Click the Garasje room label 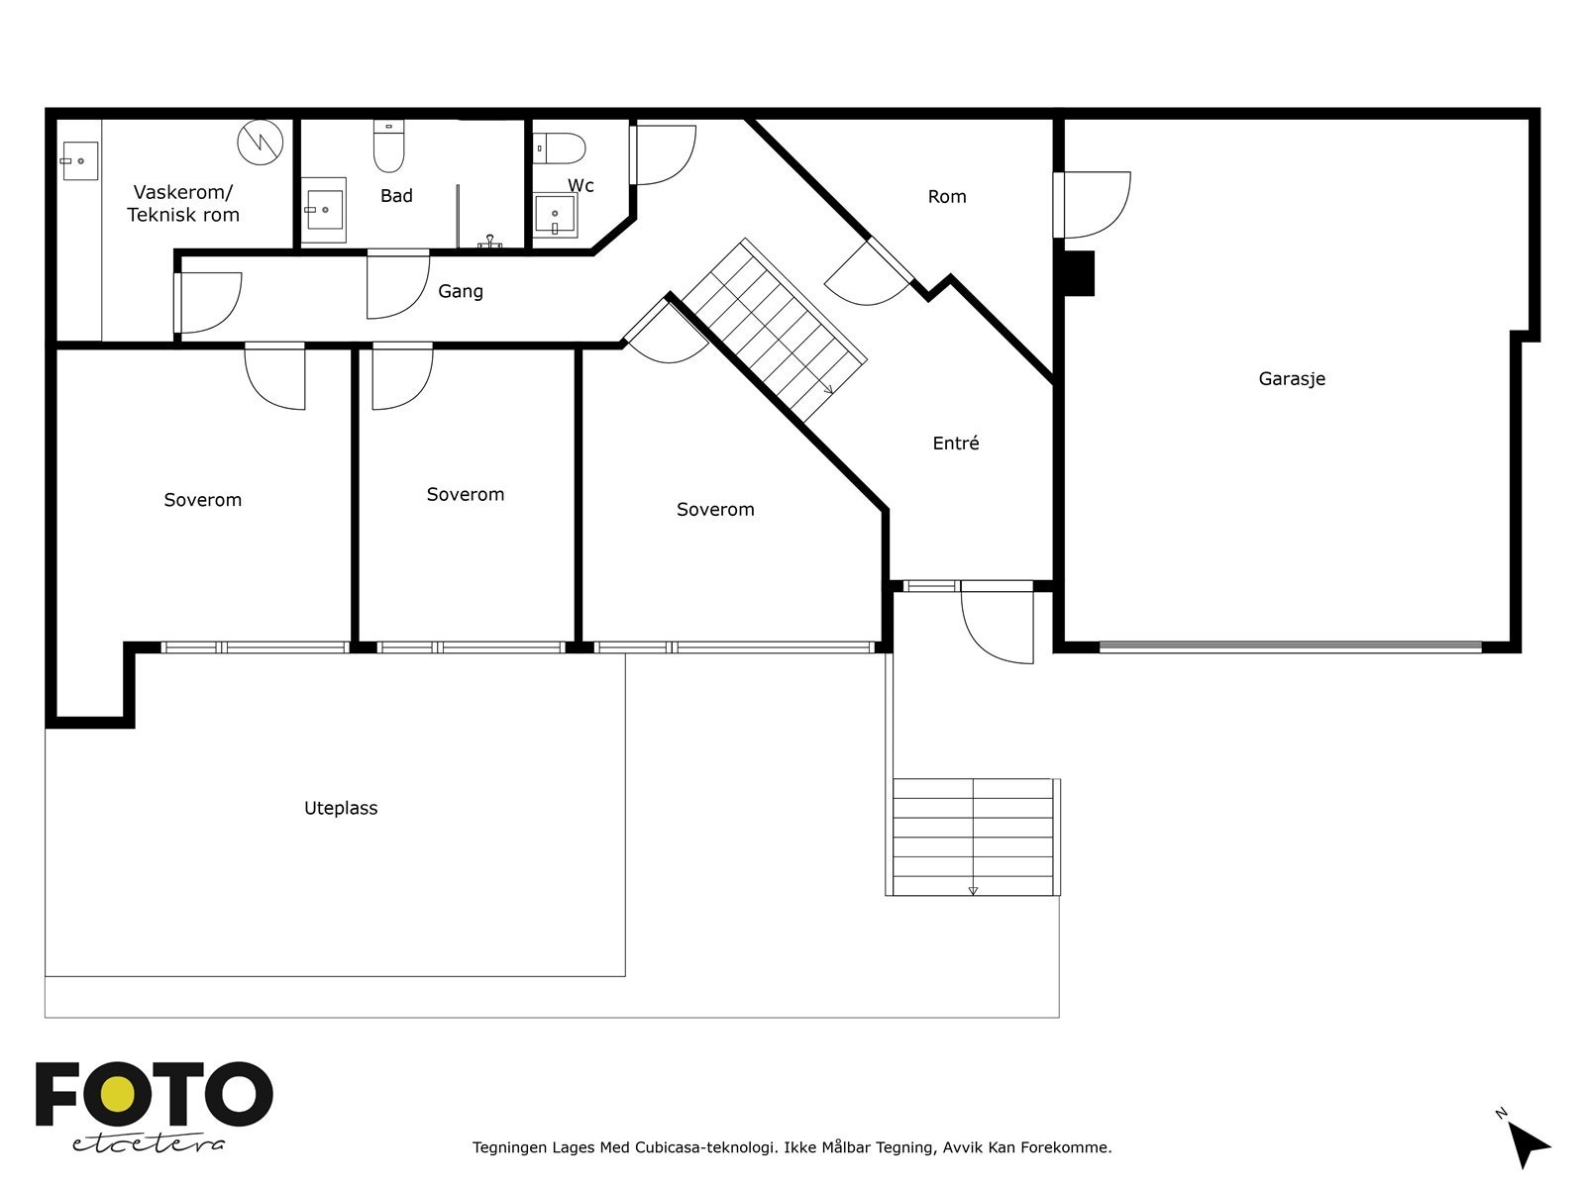point(1291,379)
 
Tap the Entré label point(955,443)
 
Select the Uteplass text point(341,808)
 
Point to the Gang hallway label point(460,291)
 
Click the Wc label point(581,185)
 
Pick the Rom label point(947,196)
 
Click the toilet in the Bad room point(388,146)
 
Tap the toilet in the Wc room point(559,148)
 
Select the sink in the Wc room point(555,215)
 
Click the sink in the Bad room point(323,210)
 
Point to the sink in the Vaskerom point(79,160)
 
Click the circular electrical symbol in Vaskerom point(260,143)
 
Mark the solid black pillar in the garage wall point(1079,273)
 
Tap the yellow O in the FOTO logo point(119,1095)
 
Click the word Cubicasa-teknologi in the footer point(704,1146)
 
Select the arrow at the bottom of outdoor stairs point(973,891)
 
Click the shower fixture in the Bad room point(489,242)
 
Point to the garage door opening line point(1291,647)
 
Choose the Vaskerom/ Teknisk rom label point(183,203)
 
